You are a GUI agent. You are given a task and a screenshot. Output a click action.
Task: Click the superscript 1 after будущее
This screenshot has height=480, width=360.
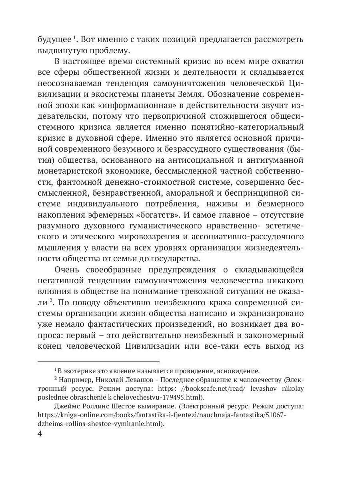click(x=74, y=38)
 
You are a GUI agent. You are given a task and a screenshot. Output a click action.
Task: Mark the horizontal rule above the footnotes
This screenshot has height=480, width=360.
click(x=98, y=361)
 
